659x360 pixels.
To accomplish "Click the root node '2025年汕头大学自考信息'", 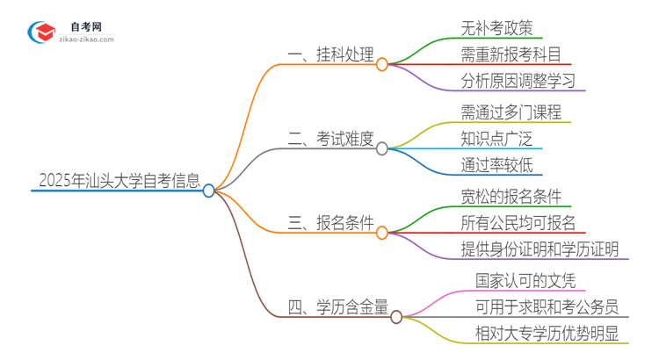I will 119,182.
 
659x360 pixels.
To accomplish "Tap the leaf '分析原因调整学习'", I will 518,82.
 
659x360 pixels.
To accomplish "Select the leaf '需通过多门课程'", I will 511,112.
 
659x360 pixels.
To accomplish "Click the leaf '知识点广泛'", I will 496,139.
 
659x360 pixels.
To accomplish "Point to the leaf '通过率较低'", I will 496,166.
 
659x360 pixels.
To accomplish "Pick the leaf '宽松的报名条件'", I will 511,195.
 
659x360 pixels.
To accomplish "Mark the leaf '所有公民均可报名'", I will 518,222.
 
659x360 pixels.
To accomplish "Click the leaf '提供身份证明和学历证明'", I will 540,249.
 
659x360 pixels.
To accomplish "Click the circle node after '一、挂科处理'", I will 382,64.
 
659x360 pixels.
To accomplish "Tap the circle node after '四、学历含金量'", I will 396,316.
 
